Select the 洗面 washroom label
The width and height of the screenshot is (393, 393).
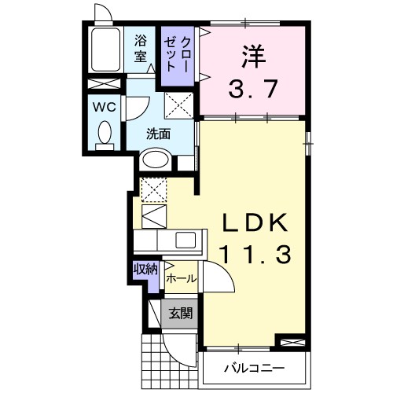tap(158, 134)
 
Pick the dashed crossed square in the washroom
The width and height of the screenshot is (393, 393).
tap(178, 105)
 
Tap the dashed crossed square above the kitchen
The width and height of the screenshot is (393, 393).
tap(152, 189)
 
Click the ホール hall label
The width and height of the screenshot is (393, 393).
tap(181, 279)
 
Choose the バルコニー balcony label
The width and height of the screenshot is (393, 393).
tap(253, 367)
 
